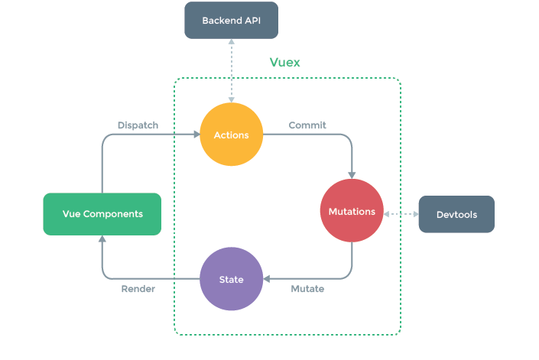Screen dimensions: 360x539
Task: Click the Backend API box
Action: (x=230, y=20)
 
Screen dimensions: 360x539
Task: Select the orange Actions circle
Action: (x=230, y=135)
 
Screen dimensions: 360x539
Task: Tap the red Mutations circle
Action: (x=352, y=211)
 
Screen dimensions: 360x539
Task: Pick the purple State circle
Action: (x=232, y=279)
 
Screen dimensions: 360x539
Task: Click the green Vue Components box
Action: (x=102, y=214)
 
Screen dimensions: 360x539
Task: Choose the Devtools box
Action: (x=456, y=215)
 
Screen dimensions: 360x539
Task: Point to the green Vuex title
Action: (x=284, y=63)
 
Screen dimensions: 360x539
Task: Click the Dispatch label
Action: (x=138, y=125)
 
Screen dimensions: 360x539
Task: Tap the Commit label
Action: (x=307, y=125)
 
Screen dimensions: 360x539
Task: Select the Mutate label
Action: (x=307, y=289)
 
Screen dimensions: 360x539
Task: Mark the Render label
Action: (x=138, y=289)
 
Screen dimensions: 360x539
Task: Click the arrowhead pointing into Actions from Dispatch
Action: (x=195, y=135)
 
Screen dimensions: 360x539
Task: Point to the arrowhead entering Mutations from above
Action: (x=352, y=175)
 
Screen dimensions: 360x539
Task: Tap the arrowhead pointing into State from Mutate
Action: (x=268, y=278)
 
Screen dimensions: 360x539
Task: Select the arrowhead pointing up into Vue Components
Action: (x=102, y=239)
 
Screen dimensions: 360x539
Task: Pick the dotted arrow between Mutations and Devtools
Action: (x=401, y=214)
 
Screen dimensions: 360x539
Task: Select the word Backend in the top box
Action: (x=221, y=20)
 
